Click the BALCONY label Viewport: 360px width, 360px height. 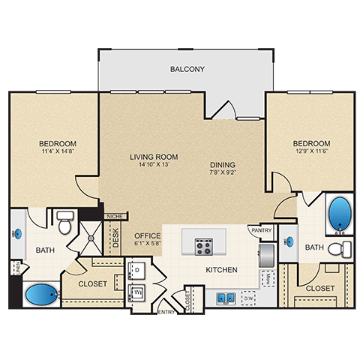tap(187, 70)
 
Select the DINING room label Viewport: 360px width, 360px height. tap(223, 165)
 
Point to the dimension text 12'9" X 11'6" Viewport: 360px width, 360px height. tap(310, 152)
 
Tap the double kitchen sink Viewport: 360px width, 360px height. tap(224, 298)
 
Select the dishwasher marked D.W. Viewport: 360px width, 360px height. tap(248, 298)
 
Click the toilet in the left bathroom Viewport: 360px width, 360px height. tap(64, 223)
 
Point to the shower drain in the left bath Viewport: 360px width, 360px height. tap(91, 238)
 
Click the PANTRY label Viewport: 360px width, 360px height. tap(262, 230)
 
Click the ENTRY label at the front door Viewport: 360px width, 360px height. tap(166, 310)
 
